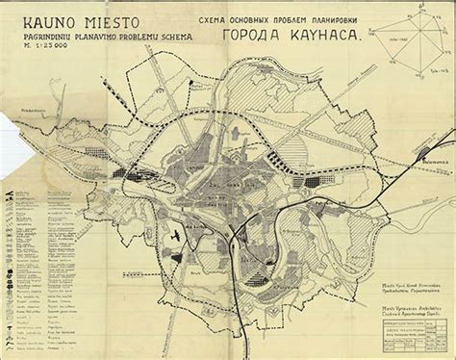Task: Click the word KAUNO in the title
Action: click(x=36, y=20)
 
